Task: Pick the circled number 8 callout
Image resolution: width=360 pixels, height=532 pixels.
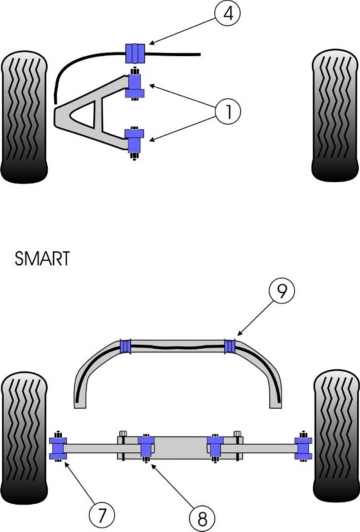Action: point(202,518)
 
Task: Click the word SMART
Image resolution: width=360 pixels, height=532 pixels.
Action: point(42,258)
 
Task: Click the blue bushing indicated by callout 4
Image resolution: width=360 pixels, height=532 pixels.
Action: point(135,54)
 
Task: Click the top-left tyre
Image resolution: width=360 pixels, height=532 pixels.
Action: point(24,117)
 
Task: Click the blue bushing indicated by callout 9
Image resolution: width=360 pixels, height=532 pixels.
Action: point(230,347)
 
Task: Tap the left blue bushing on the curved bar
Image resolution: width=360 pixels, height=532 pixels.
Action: point(125,346)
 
